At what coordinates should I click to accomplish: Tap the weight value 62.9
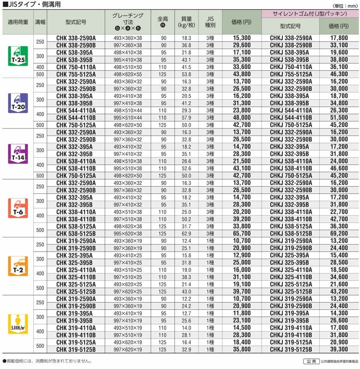coord(186,234)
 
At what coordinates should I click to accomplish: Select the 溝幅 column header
coord(40,22)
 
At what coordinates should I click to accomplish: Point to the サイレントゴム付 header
coord(310,14)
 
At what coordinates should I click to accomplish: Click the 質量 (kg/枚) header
coord(186,22)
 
